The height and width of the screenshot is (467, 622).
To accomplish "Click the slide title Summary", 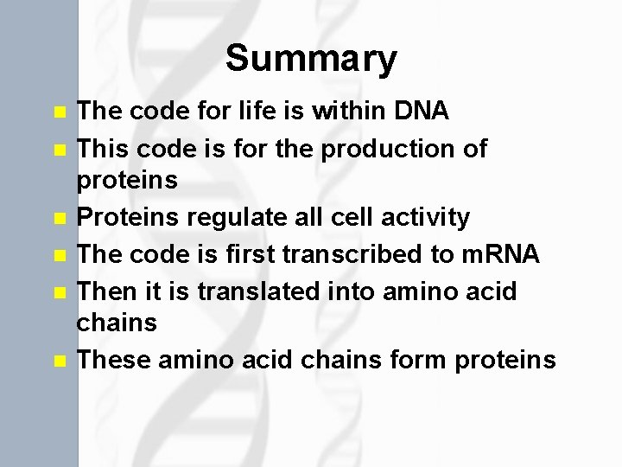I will (311, 60).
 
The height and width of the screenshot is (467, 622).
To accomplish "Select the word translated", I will (258, 291).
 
